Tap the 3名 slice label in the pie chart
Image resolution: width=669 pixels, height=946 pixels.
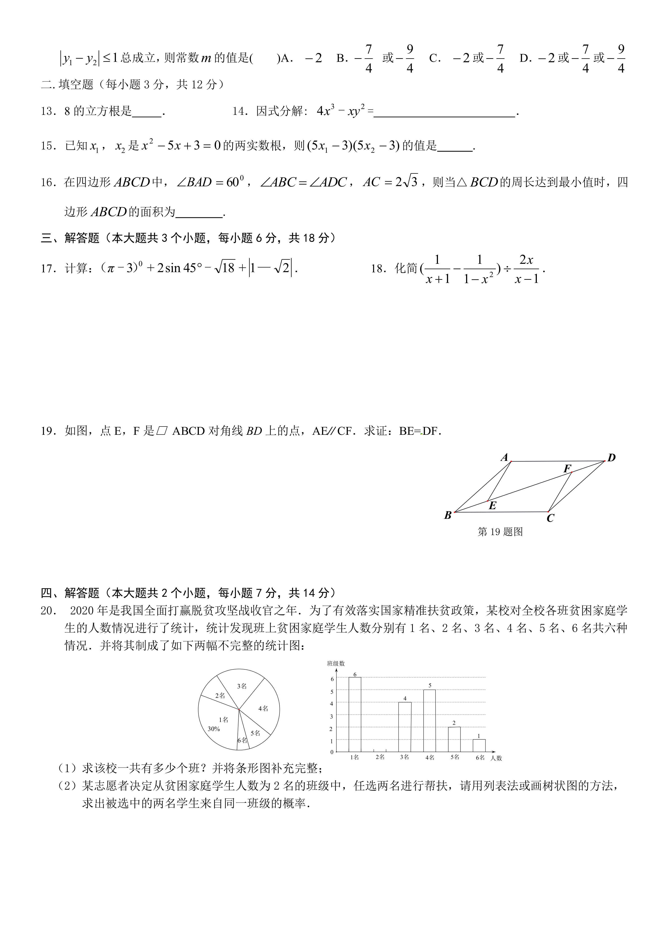coord(242,686)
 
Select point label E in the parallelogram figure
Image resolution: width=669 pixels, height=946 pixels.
coord(492,506)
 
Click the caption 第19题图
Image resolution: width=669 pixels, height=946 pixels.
coord(500,532)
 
